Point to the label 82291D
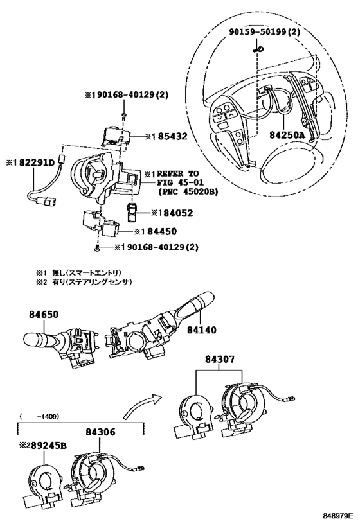33,162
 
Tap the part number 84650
44,315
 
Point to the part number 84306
101,432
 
